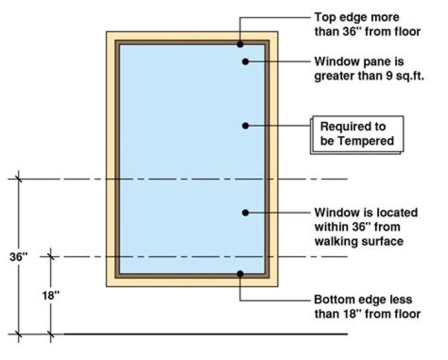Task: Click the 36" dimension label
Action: (x=18, y=256)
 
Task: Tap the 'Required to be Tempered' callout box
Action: (x=357, y=134)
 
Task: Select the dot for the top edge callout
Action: (x=240, y=44)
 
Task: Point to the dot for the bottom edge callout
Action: (x=240, y=273)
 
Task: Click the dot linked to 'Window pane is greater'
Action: (x=246, y=62)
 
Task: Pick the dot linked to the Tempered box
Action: (x=246, y=125)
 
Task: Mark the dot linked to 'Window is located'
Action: (x=246, y=213)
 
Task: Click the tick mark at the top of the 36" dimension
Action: (x=19, y=179)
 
